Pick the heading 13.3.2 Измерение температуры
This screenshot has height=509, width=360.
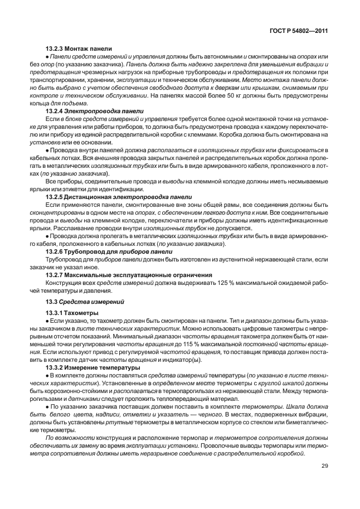point(96,369)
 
